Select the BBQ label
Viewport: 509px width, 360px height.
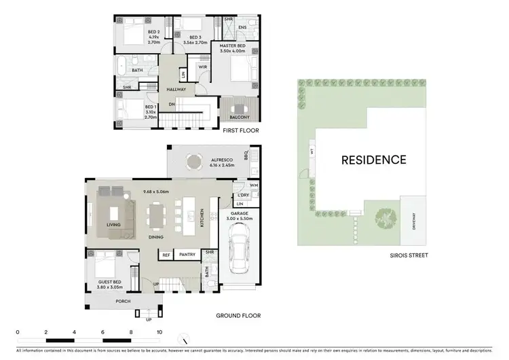[x=256, y=156]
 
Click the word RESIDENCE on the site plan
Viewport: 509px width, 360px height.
[x=373, y=160]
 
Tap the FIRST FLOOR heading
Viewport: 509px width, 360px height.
[x=240, y=130]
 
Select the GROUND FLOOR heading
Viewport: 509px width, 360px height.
[x=238, y=316]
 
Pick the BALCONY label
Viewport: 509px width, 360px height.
[x=238, y=117]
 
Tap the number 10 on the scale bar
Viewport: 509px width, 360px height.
[x=159, y=332]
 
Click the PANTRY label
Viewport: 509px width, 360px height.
[x=187, y=255]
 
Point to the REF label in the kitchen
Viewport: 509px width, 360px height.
[x=166, y=255]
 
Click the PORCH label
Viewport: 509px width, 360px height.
[x=123, y=302]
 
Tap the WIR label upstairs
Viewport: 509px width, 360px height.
[x=202, y=67]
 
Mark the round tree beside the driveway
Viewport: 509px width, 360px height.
[x=385, y=218]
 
